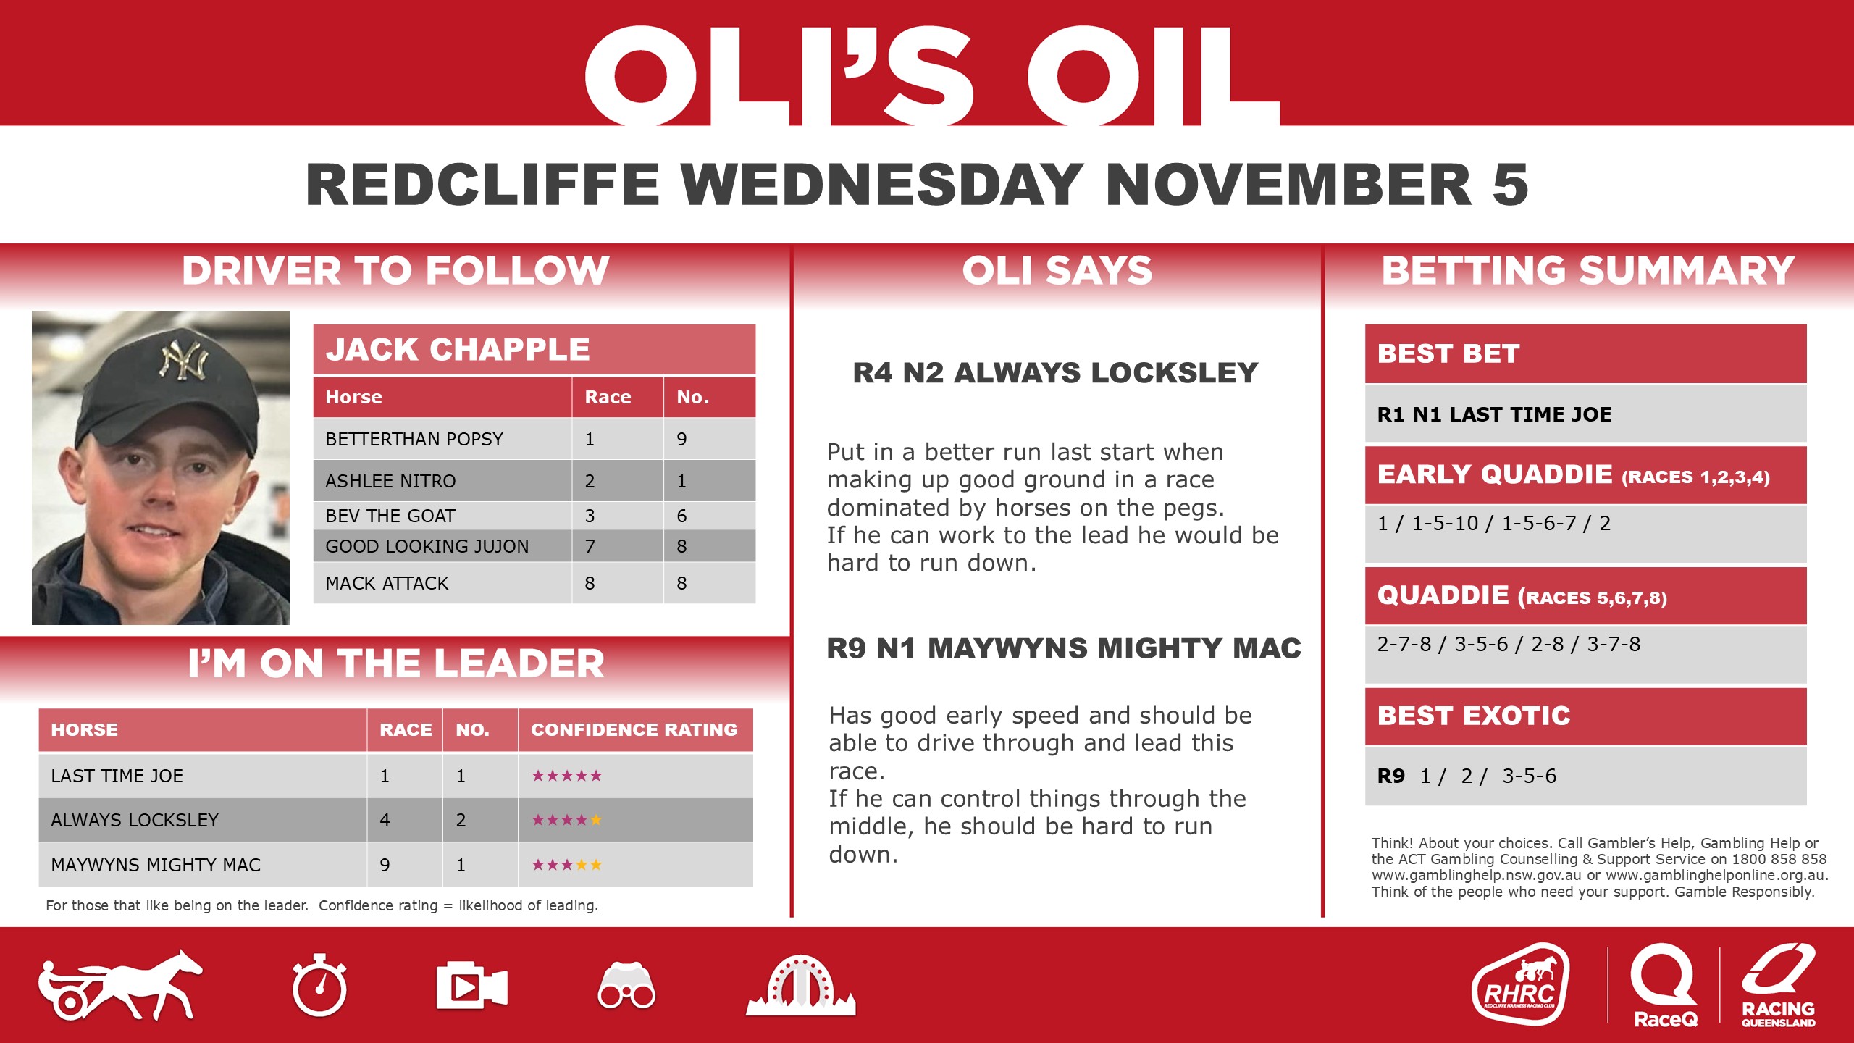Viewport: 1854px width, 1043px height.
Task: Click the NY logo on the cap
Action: [184, 361]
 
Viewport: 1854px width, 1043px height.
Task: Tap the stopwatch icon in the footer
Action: [319, 986]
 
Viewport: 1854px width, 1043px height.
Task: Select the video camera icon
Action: [471, 986]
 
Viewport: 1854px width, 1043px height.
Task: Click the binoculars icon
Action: [626, 987]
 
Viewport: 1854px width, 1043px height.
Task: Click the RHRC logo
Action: [1520, 984]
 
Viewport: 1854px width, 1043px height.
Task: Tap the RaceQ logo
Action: [1664, 985]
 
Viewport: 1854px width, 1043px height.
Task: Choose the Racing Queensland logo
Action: [1779, 985]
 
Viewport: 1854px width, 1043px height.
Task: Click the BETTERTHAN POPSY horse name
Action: [414, 439]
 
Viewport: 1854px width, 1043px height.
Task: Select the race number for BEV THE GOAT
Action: [590, 516]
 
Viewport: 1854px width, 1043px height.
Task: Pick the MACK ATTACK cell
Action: [387, 583]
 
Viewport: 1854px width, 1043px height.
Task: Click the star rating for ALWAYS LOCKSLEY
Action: [566, 820]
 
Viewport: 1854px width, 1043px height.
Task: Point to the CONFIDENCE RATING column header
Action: [634, 729]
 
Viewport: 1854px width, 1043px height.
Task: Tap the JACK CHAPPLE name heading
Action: [458, 349]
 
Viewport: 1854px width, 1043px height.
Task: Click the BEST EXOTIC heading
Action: [1474, 716]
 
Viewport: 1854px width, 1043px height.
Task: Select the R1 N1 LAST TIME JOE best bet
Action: [1494, 414]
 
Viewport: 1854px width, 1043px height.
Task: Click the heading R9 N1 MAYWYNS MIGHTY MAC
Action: [1064, 648]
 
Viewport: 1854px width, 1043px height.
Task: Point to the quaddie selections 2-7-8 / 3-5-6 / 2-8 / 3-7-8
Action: [1509, 644]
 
